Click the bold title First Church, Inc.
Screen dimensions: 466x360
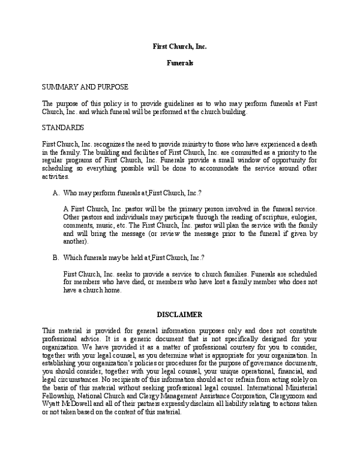click(179, 46)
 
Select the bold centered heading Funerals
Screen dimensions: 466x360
click(179, 62)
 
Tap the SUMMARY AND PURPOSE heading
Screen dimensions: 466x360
click(85, 87)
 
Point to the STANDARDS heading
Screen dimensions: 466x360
click(62, 128)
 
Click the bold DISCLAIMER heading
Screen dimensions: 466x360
click(179, 314)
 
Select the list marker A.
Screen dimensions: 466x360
click(56, 192)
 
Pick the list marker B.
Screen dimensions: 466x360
click(56, 258)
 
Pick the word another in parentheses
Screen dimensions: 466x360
click(74, 241)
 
